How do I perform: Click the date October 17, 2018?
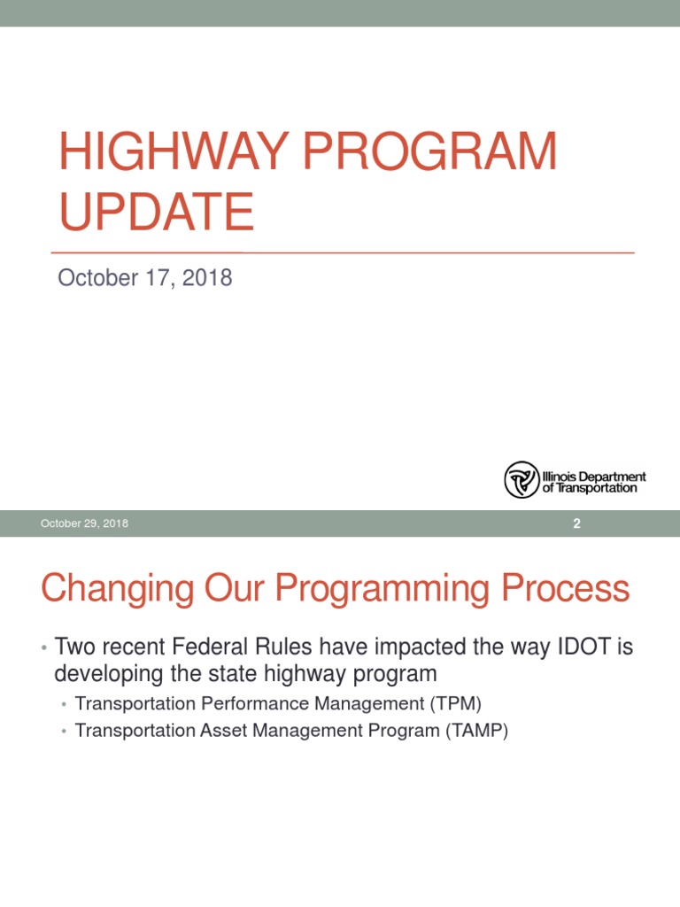(144, 278)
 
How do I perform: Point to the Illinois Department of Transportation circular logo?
(522, 479)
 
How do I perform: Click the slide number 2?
(576, 523)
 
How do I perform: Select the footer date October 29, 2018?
(84, 523)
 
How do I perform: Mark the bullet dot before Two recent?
(43, 648)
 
